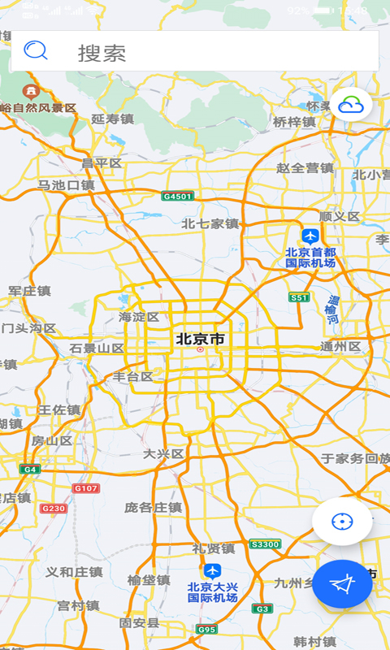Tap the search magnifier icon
point(36,51)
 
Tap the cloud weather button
point(351,104)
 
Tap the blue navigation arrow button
point(342,583)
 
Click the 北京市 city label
point(200,339)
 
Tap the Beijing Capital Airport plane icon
point(310,236)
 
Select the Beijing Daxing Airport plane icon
point(212,571)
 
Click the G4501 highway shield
point(177,197)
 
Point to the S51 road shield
point(300,297)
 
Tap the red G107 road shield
point(86,488)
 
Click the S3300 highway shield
point(265,544)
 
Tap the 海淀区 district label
point(139,317)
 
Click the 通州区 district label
point(340,347)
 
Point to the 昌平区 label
point(102,163)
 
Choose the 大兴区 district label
point(163,453)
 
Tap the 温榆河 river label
point(332,309)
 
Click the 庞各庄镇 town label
point(153,507)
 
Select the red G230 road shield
point(53,509)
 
